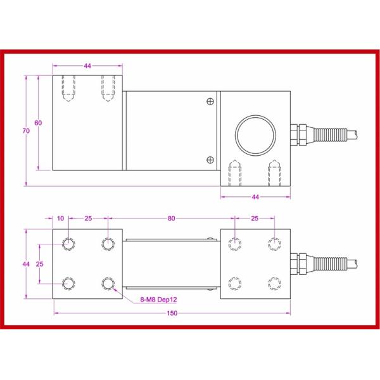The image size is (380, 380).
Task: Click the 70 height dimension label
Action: (25, 131)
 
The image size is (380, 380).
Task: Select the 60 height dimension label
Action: (38, 123)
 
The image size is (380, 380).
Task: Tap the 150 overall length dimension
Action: (172, 313)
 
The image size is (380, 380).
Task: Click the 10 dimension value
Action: (61, 218)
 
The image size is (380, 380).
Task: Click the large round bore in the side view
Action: (256, 134)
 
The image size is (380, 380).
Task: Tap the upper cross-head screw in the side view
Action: (210, 101)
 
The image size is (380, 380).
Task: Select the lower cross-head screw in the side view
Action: (210, 158)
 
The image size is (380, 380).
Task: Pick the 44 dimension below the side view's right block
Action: (255, 198)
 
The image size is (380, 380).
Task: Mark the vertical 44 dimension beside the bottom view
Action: (25, 263)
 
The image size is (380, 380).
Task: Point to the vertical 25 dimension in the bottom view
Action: (39, 263)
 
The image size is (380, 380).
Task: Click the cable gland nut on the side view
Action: (298, 134)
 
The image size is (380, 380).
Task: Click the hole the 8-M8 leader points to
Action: (108, 282)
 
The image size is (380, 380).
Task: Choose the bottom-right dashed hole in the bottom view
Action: (274, 282)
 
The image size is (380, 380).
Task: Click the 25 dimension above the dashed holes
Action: (255, 218)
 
